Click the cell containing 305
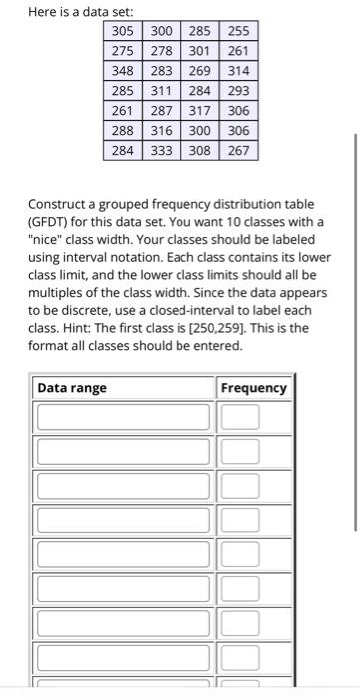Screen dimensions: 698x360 tap(123, 31)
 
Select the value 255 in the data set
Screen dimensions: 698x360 tap(239, 31)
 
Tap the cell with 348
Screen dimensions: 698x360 tap(123, 71)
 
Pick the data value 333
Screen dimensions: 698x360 tap(162, 152)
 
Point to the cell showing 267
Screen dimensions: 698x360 tap(239, 152)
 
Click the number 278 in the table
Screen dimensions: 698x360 tap(162, 51)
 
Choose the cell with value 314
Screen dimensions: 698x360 tap(239, 71)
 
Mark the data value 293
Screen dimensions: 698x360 tap(239, 91)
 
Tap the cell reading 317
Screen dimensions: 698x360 tap(200, 112)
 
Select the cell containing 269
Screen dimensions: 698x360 tap(200, 71)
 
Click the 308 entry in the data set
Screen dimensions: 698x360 tap(200, 152)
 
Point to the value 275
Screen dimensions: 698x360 tap(123, 51)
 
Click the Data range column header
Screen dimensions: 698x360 tap(72, 388)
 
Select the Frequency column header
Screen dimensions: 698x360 tap(253, 388)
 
